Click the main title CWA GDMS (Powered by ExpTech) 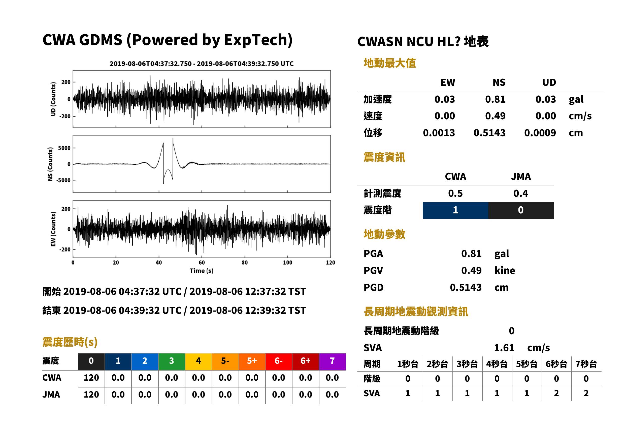167,40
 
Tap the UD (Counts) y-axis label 53,99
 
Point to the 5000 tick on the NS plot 64,148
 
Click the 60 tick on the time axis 202,263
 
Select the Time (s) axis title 202,271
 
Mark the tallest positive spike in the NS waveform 173,138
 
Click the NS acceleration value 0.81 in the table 495,99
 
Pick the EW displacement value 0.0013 439,133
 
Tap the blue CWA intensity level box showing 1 455,210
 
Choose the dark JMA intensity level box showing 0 521,210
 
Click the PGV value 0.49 471,271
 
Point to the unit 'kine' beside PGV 505,271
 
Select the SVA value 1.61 504,348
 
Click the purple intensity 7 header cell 332,361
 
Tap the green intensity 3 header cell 172,361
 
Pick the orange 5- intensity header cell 225,361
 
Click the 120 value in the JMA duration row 91,395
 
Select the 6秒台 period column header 556,364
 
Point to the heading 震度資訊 384,157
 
